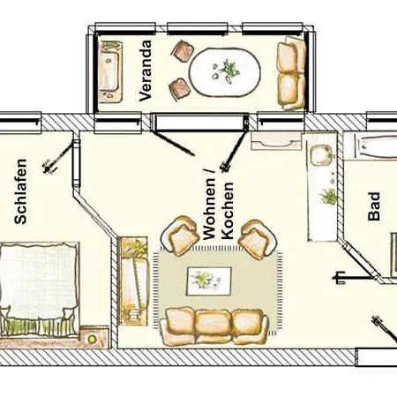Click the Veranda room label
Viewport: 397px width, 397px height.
coord(146,71)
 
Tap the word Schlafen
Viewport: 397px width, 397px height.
coord(20,191)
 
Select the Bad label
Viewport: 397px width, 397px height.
coord(374,206)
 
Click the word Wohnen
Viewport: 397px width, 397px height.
coord(209,205)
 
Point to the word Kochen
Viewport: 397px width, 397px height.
coord(228,211)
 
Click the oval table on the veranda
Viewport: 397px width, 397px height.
coord(225,72)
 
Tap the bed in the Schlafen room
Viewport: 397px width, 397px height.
coord(40,289)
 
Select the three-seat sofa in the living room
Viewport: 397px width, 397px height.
coord(214,326)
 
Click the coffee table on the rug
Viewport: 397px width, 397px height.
coord(209,281)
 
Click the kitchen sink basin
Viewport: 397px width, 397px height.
coord(321,155)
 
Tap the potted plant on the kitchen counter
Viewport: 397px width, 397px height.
coord(329,197)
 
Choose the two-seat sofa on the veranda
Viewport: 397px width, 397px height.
coord(292,73)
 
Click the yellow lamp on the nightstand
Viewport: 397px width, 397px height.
coord(93,340)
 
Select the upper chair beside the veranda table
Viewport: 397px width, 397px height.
coord(184,51)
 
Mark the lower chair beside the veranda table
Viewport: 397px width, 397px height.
coord(179,88)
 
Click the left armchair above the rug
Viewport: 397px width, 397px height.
coord(179,235)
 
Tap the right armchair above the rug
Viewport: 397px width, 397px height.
coord(258,239)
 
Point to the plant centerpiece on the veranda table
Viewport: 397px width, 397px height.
coord(226,71)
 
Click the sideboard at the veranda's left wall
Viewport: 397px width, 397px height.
coord(110,71)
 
